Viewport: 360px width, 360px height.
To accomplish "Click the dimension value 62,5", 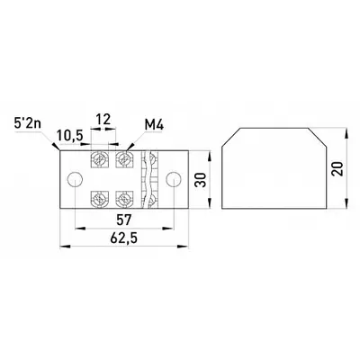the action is coord(123,238).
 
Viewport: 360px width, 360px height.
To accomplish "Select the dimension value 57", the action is coord(124,220).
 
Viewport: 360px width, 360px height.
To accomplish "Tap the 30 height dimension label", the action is coord(201,180).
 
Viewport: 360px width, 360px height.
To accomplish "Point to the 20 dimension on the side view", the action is coord(337,169).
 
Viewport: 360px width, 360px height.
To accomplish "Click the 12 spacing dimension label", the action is coord(103,119).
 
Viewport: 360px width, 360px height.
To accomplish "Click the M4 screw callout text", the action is coord(154,125).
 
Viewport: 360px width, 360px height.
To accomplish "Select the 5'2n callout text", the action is coord(28,123).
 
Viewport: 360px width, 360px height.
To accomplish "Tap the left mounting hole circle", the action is coord(75,179).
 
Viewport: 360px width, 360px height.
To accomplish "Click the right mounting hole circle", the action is coord(174,179).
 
